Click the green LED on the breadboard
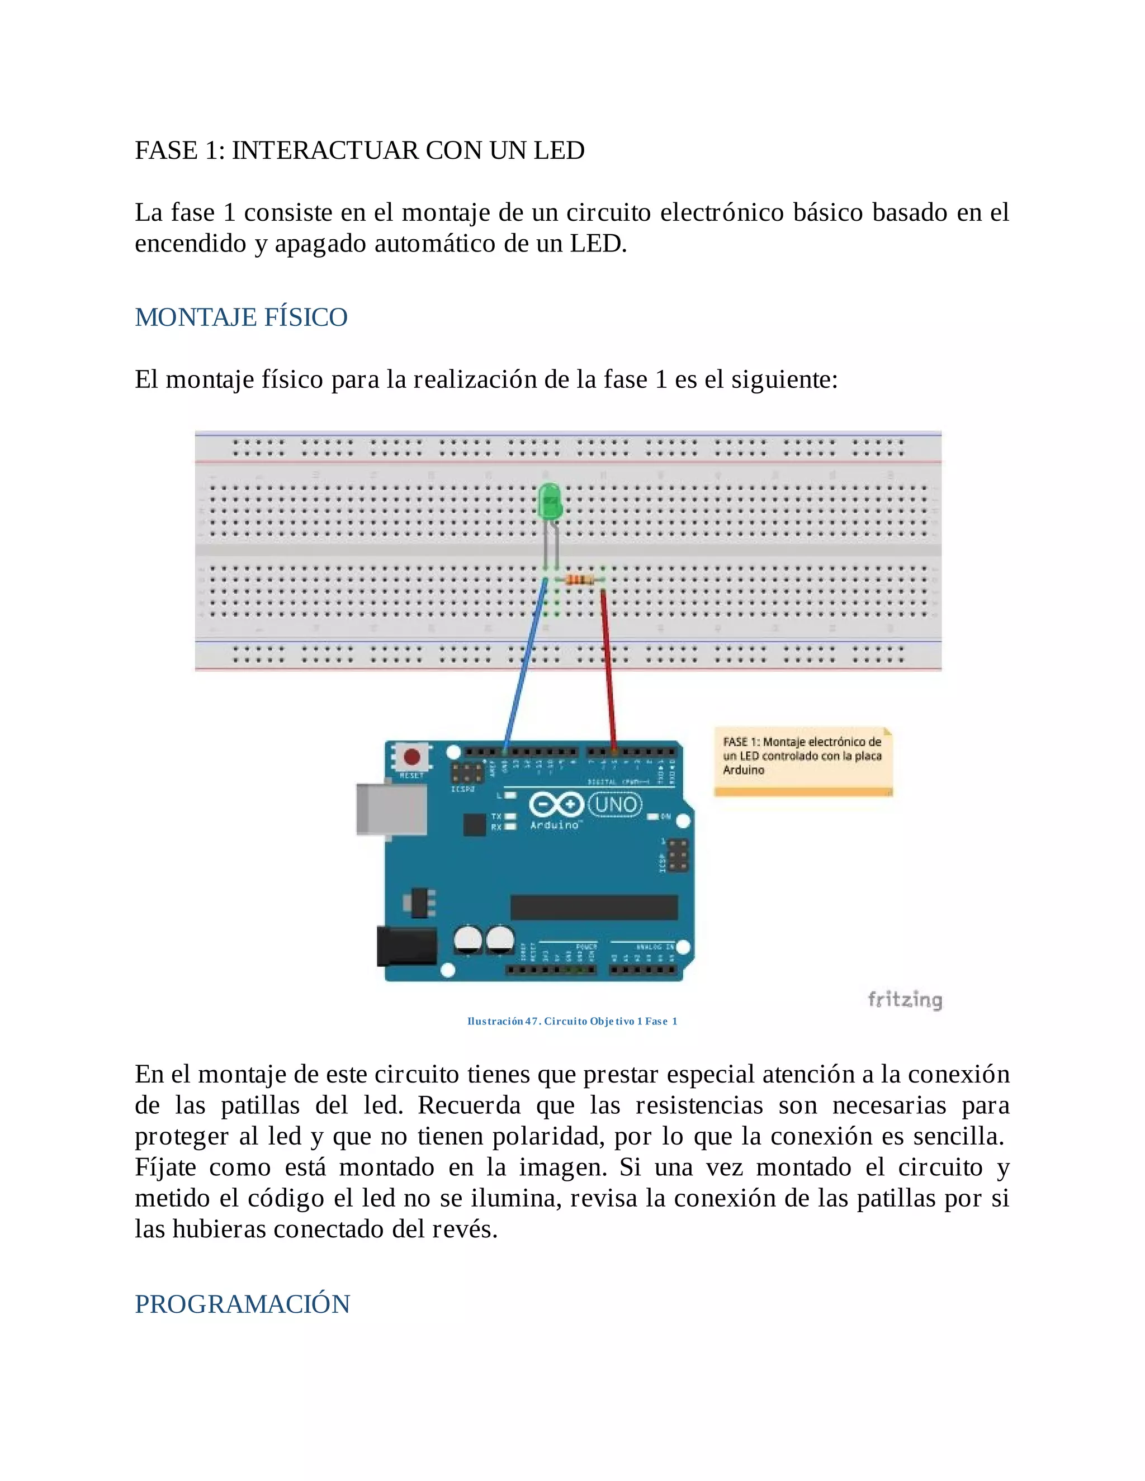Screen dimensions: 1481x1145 (x=550, y=502)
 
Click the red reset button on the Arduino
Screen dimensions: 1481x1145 (x=411, y=757)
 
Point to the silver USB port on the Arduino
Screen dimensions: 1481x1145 (x=391, y=809)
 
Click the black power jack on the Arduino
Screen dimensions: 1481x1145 (x=406, y=946)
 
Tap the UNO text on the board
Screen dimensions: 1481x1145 (x=615, y=805)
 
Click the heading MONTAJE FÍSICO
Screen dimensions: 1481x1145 (x=241, y=317)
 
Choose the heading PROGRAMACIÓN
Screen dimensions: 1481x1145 (x=242, y=1304)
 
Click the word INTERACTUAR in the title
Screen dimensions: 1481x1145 (x=325, y=150)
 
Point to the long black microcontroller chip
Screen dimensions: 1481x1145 (x=594, y=907)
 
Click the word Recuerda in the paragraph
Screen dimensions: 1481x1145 (x=469, y=1105)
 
